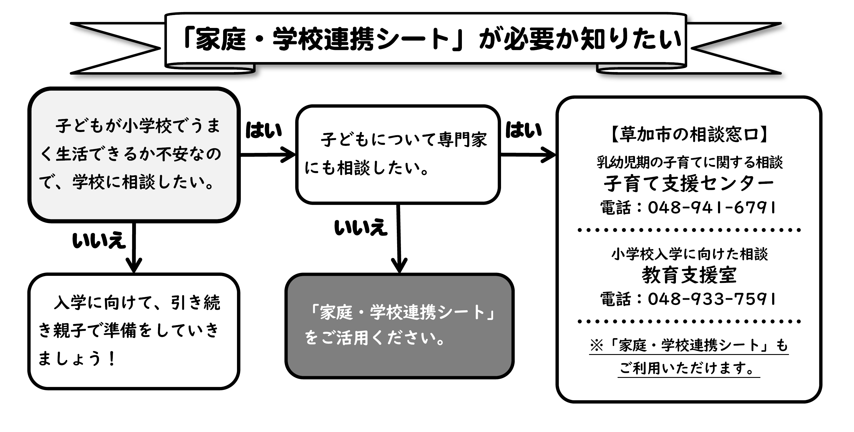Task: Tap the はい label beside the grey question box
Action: click(263, 130)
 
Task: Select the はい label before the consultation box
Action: click(523, 130)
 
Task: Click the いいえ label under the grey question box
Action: click(99, 240)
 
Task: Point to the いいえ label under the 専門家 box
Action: click(361, 228)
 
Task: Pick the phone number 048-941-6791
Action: click(712, 208)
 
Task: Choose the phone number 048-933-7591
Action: click(712, 299)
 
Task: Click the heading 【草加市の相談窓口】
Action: click(689, 134)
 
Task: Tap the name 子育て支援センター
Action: click(689, 183)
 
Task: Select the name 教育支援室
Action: click(689, 275)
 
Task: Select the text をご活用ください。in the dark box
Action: click(375, 338)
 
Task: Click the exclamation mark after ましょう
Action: click(112, 358)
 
